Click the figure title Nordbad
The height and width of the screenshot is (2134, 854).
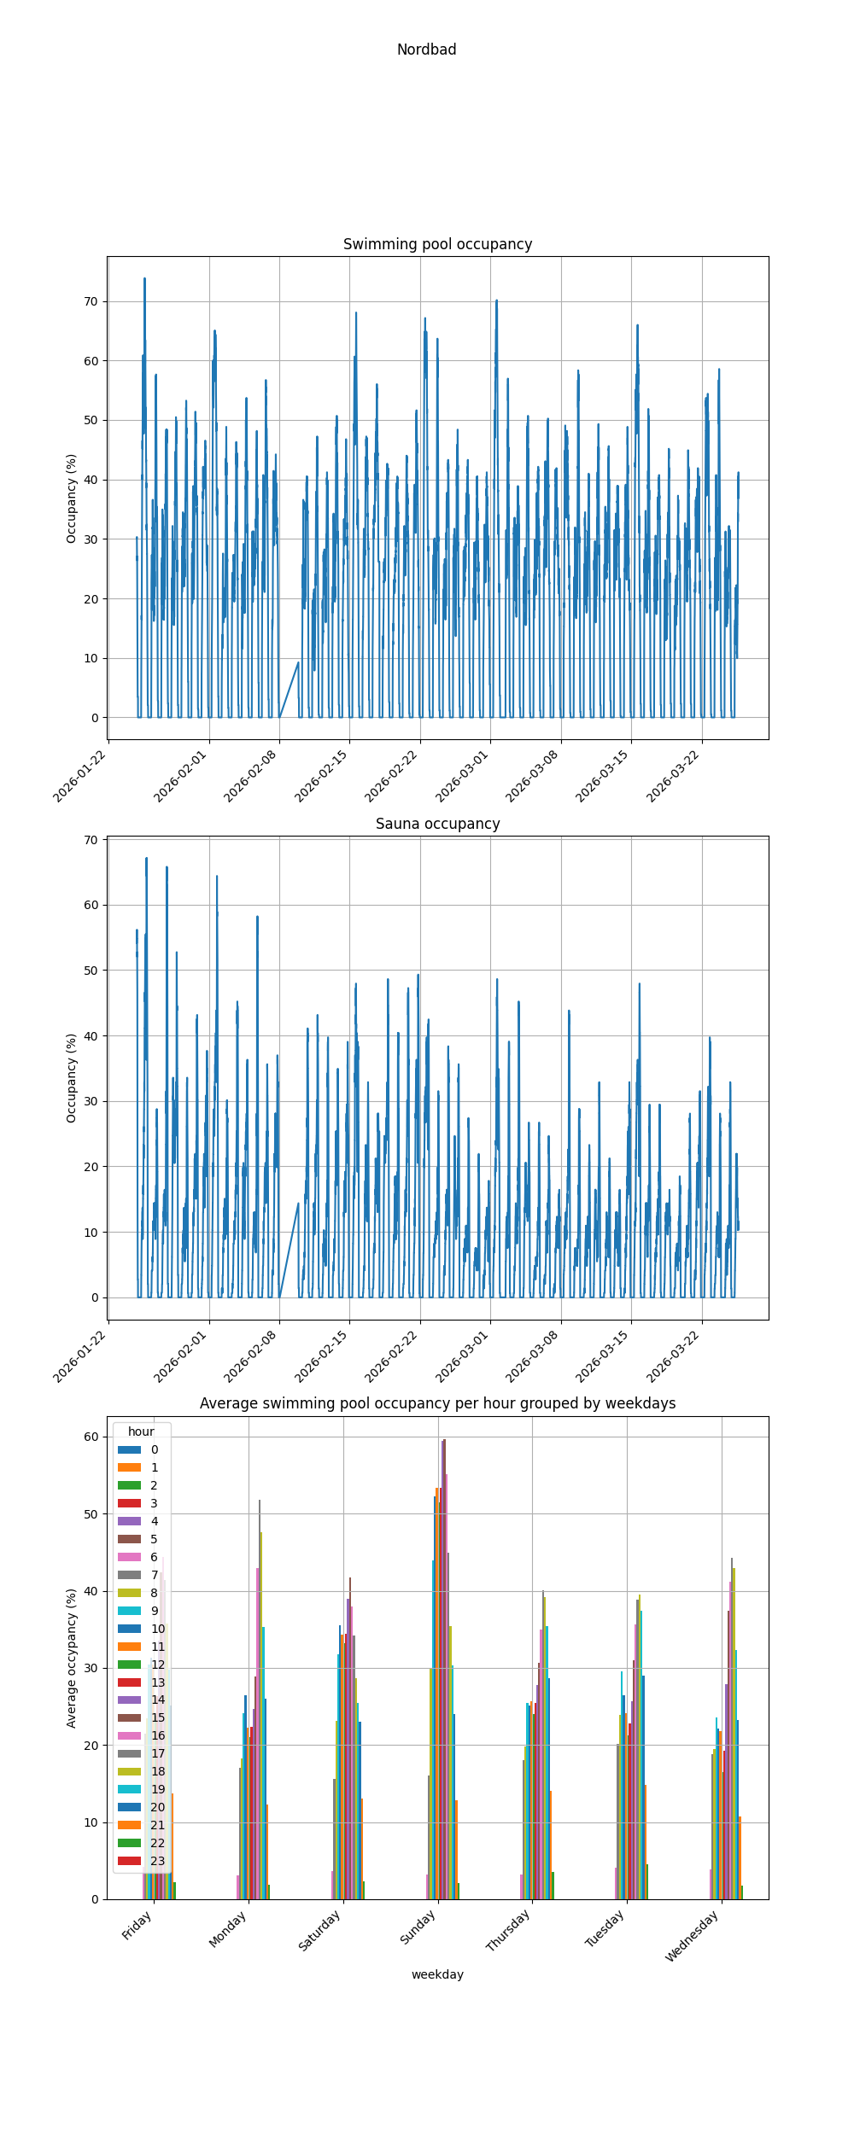click(x=426, y=50)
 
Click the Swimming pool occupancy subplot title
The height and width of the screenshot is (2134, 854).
click(x=437, y=244)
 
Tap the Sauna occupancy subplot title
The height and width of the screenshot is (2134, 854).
click(x=437, y=824)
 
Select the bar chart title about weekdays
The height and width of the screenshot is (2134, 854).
click(x=437, y=1403)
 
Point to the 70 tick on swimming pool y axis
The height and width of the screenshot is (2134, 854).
click(x=91, y=301)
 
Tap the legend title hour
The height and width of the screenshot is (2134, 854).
click(x=141, y=1431)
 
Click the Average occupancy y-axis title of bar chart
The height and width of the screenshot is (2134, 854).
click(x=72, y=1659)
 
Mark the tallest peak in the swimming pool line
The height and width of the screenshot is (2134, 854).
click(x=144, y=279)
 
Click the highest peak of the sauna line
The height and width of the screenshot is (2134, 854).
click(x=146, y=859)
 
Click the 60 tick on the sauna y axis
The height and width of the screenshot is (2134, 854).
click(x=91, y=905)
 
